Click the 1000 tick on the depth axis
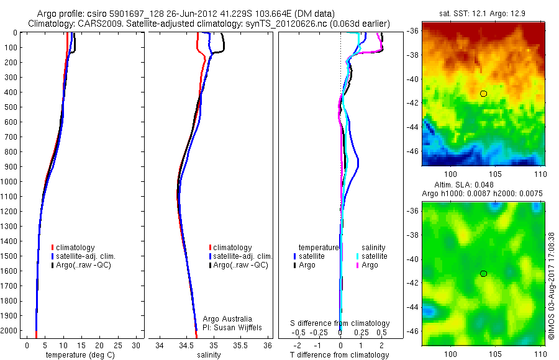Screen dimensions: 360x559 pyautogui.click(x=11, y=181)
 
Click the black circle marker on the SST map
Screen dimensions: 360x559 pyautogui.click(x=483, y=94)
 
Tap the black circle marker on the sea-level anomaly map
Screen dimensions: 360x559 pyautogui.click(x=483, y=274)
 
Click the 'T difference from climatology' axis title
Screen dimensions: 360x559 pyautogui.click(x=340, y=355)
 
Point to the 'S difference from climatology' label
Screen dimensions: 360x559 pyautogui.click(x=340, y=323)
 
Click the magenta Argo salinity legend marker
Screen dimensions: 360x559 pyautogui.click(x=358, y=265)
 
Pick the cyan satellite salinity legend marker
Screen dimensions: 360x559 pyautogui.click(x=358, y=256)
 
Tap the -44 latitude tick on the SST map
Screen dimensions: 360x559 pyautogui.click(x=413, y=127)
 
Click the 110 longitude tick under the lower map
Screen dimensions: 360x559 pyautogui.click(x=540, y=353)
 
